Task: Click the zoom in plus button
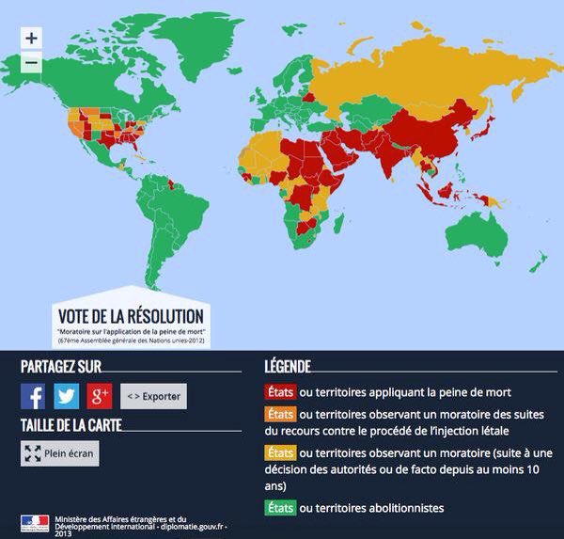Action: click(x=31, y=39)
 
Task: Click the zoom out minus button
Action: click(x=31, y=62)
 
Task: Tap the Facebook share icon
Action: click(x=33, y=396)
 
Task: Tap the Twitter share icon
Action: click(x=66, y=396)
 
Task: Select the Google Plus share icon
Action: click(x=100, y=396)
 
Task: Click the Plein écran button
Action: click(x=59, y=453)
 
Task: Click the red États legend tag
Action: click(x=279, y=392)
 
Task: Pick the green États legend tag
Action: click(x=279, y=508)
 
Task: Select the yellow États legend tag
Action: click(x=279, y=452)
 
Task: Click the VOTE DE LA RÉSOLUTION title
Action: click(x=130, y=316)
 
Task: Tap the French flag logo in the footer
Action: click(x=35, y=522)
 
